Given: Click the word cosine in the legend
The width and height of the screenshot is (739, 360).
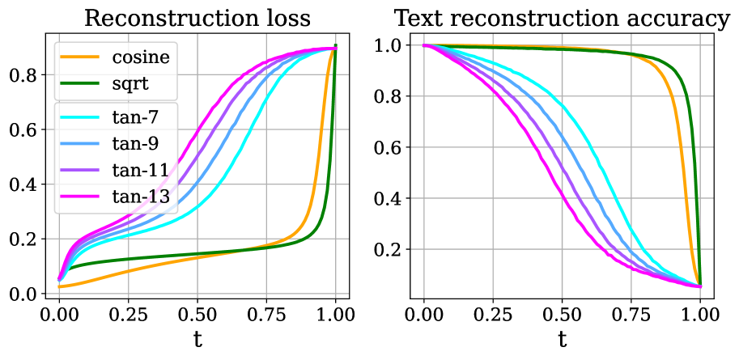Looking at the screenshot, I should tap(142, 57).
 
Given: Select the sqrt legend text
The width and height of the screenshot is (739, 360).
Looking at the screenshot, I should tap(130, 84).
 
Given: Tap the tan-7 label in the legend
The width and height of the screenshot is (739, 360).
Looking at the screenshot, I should tap(136, 118).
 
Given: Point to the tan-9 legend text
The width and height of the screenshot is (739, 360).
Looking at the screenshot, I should tap(136, 144).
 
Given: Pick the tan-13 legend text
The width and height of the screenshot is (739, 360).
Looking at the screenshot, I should tap(141, 196).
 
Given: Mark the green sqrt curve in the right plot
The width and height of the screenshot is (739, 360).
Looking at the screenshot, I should tap(695, 202).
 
